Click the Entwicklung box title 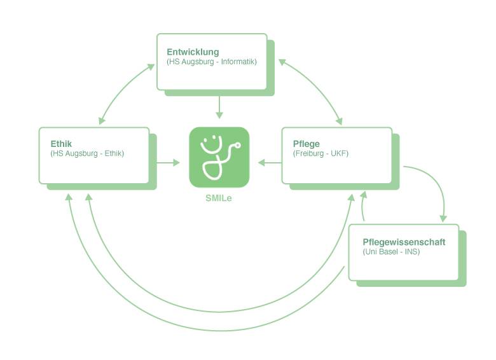point(193,52)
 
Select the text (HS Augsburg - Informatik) point(211,62)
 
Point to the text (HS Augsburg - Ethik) point(86,153)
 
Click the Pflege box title point(306,144)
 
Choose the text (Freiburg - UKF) point(320,153)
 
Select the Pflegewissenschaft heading point(404,242)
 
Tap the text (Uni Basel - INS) point(391,252)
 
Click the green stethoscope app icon point(219,157)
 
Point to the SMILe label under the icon point(219,198)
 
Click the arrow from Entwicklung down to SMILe point(219,107)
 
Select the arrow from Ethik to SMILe point(169,163)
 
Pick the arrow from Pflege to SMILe point(270,163)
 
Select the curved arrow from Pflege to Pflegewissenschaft point(434,184)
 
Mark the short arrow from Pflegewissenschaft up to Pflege point(364,207)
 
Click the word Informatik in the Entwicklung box point(238,62)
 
